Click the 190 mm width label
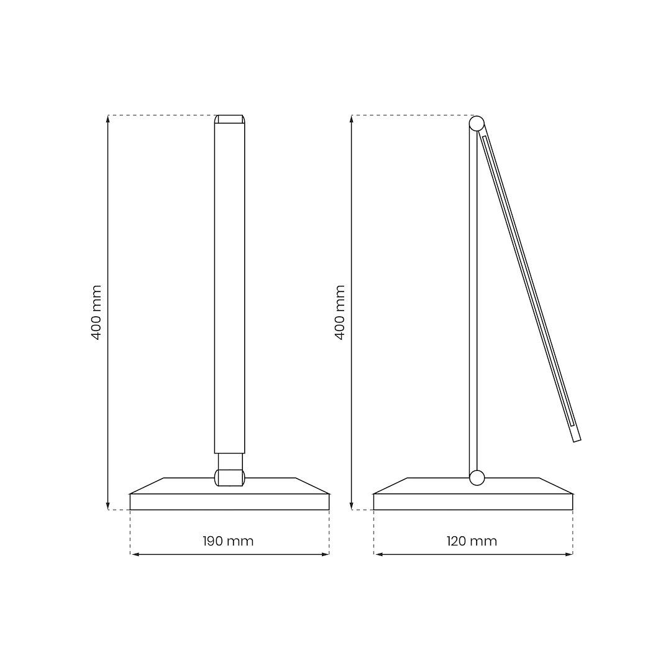(228, 541)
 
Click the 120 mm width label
(472, 541)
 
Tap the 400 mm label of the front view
(96, 312)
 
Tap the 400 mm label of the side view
(340, 312)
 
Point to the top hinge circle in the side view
(477, 124)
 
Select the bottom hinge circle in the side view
(477, 478)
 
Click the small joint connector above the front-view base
(230, 477)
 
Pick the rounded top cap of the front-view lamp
(229, 119)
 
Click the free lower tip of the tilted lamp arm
(577, 438)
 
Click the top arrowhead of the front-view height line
(108, 119)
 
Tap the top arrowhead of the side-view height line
(352, 119)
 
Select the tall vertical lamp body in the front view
(229, 286)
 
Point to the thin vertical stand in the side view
(473, 298)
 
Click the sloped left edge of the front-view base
(147, 486)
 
